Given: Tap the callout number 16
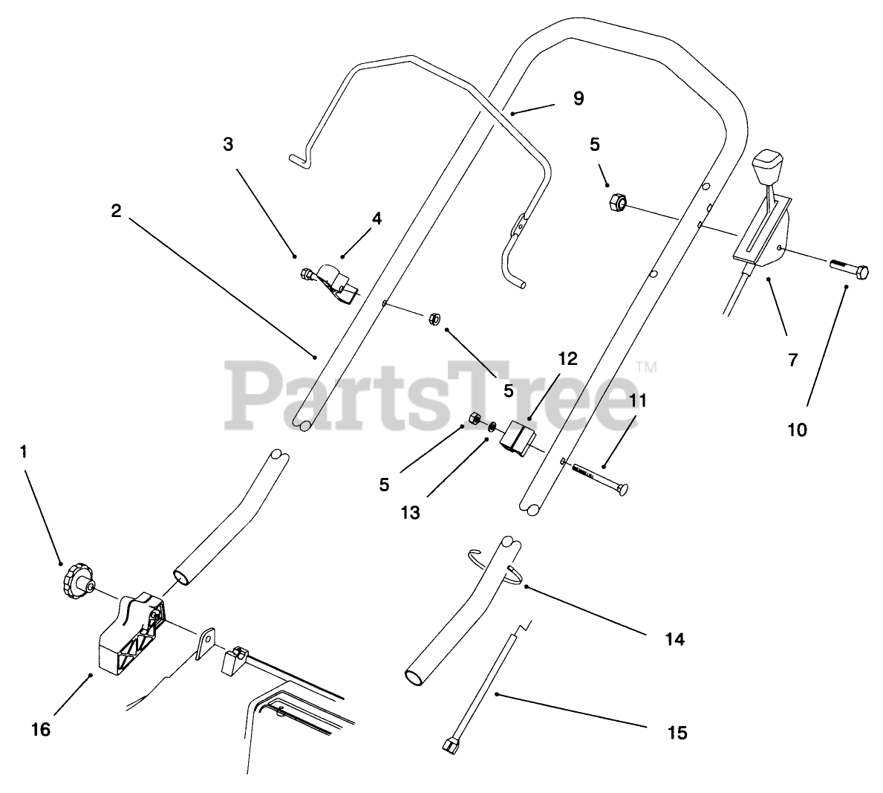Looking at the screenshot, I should pyautogui.click(x=42, y=730).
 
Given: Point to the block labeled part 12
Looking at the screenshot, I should pyautogui.click(x=515, y=437).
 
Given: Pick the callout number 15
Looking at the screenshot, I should pyautogui.click(x=677, y=733).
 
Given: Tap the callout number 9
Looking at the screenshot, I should pyautogui.click(x=579, y=98).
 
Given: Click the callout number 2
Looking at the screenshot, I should pyautogui.click(x=116, y=211).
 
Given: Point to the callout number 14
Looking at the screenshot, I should pyautogui.click(x=674, y=638).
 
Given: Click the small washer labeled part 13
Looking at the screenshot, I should pyautogui.click(x=492, y=428).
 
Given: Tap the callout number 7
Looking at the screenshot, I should pyautogui.click(x=792, y=360).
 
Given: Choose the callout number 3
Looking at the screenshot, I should pyautogui.click(x=228, y=144).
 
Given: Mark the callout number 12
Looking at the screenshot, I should pyautogui.click(x=567, y=359).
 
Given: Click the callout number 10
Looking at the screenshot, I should pyautogui.click(x=797, y=430).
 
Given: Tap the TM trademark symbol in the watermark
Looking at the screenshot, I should pyautogui.click(x=647, y=366).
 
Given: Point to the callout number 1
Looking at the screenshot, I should pyautogui.click(x=24, y=452).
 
